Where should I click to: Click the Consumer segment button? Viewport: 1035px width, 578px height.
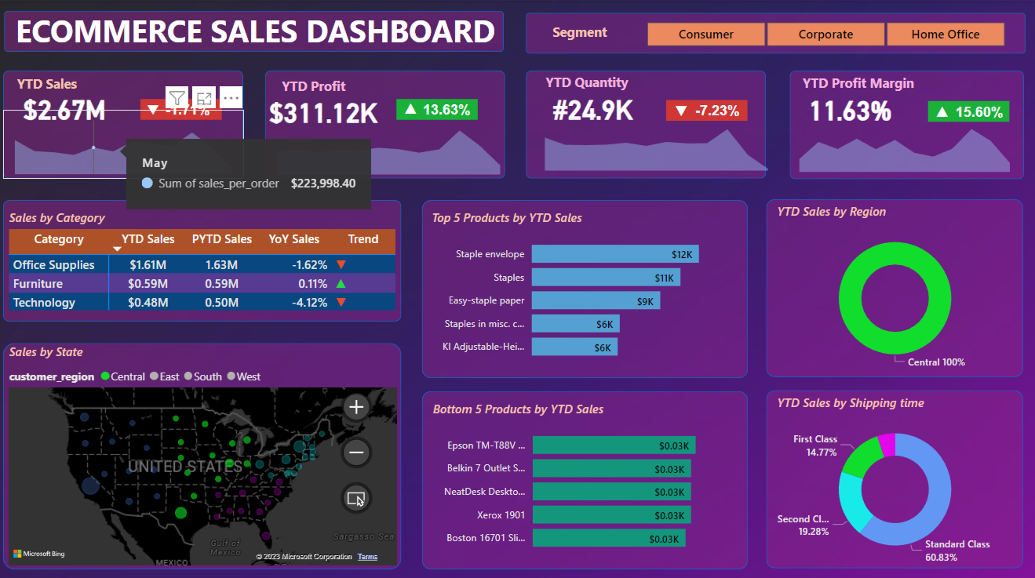(x=705, y=35)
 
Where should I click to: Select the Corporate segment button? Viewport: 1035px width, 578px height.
(x=825, y=35)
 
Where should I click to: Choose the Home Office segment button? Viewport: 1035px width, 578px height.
(x=945, y=35)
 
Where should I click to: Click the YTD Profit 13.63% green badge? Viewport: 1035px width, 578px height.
(x=437, y=110)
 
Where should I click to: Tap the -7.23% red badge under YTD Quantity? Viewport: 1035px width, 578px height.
(x=706, y=111)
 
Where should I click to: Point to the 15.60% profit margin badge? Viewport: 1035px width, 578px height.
(x=968, y=112)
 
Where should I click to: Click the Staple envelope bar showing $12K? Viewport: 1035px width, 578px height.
(x=614, y=254)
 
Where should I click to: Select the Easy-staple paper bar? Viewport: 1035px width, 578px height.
(x=596, y=300)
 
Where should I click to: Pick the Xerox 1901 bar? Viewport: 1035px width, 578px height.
(x=611, y=515)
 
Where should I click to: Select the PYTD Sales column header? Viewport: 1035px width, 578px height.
(x=222, y=239)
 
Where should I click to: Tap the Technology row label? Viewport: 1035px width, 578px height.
(x=45, y=303)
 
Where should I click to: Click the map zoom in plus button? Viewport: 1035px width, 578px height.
(x=356, y=407)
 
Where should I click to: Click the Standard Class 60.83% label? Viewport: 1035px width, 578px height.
(x=957, y=551)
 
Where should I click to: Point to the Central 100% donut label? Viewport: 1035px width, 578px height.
(x=936, y=362)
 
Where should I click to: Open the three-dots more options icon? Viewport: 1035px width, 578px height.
(x=230, y=98)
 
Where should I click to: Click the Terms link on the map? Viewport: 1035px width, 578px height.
(x=367, y=557)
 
